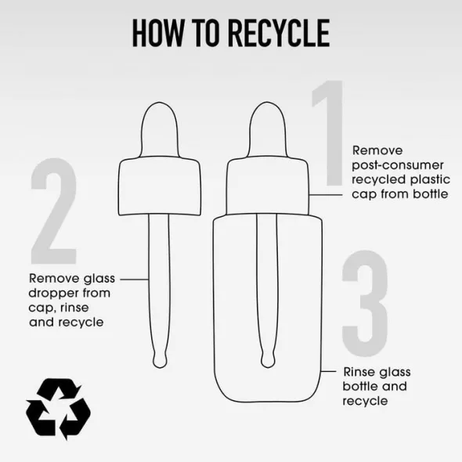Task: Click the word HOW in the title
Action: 157,33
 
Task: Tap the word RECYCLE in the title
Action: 279,33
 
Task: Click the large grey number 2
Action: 54,211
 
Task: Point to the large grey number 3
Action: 365,304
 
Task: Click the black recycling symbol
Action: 59,409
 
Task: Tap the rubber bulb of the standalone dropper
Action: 160,130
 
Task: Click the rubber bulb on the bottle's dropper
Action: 268,130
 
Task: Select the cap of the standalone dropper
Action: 160,186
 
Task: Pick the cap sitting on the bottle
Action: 268,186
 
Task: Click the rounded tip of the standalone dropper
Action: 160,360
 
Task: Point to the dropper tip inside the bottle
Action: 268,360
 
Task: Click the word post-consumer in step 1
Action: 398,165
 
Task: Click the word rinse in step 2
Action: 74,308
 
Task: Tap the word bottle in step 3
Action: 361,386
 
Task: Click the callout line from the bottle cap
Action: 326,195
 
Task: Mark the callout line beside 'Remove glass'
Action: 135,280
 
